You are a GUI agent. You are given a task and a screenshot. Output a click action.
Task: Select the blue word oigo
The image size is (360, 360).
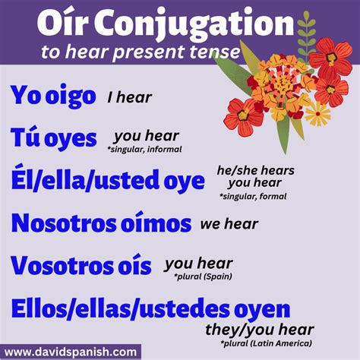click(x=70, y=96)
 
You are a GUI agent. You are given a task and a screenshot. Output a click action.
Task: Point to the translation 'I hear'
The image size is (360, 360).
click(x=129, y=97)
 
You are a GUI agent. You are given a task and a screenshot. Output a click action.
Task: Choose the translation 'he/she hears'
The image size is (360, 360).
click(x=255, y=170)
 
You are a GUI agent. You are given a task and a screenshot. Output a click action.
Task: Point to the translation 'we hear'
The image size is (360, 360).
click(x=229, y=225)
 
